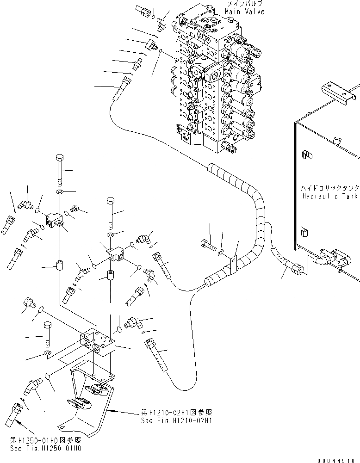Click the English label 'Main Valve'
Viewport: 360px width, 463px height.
click(x=245, y=12)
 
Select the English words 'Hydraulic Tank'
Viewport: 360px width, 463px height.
click(x=329, y=197)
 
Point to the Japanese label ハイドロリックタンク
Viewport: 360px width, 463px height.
click(x=329, y=189)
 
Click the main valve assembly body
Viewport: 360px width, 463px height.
click(x=213, y=83)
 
